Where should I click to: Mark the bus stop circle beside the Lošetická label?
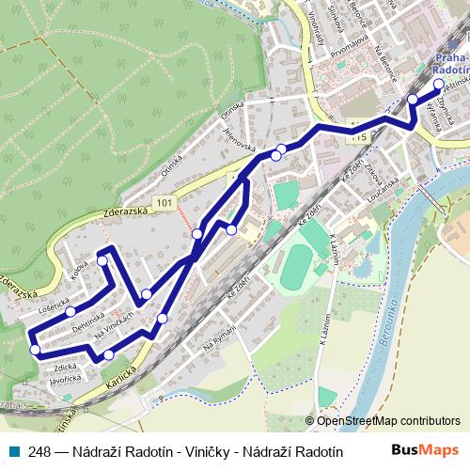pyautogui.click(x=70, y=311)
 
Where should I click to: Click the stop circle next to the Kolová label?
pyautogui.click(x=102, y=261)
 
